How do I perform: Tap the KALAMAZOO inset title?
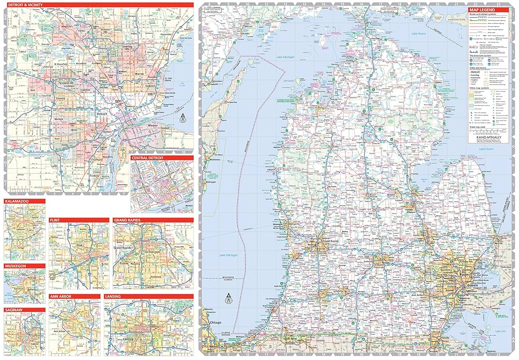pyautogui.click(x=18, y=200)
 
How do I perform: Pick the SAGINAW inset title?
pyautogui.click(x=15, y=310)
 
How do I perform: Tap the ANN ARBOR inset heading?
pyautogui.click(x=61, y=296)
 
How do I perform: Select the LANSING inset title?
pyautogui.click(x=114, y=296)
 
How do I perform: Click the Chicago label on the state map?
pyautogui.click(x=215, y=323)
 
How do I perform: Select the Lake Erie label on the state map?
pyautogui.click(x=500, y=330)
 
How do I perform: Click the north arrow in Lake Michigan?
pyautogui.click(x=227, y=298)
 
